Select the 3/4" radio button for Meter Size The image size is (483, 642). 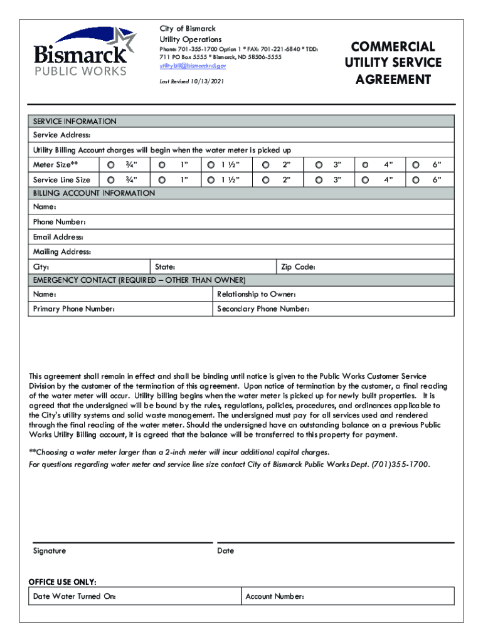click(110, 165)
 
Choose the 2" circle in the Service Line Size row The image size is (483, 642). click(266, 180)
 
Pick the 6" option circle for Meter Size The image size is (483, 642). click(415, 165)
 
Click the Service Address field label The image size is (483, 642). click(61, 135)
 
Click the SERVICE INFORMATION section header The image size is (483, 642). click(75, 122)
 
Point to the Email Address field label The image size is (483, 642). click(58, 237)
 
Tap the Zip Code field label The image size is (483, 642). click(298, 267)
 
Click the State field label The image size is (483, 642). click(165, 267)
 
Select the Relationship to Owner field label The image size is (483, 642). click(256, 294)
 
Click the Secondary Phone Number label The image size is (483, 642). click(263, 309)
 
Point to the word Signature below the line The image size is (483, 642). click(50, 550)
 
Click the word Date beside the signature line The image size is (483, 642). click(225, 550)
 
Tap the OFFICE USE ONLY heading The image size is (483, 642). click(63, 581)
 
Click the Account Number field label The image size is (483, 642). click(275, 596)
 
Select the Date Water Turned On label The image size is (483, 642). click(74, 596)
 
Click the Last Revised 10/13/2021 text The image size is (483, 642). click(191, 82)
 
